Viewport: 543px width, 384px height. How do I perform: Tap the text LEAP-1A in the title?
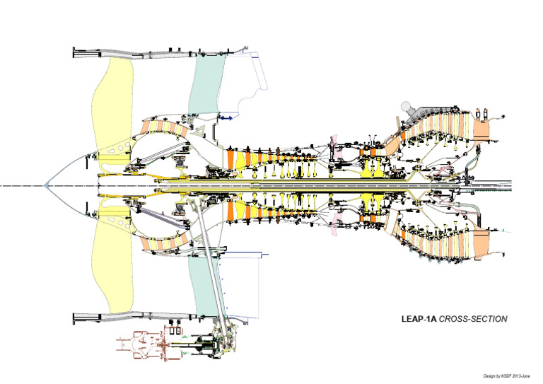[x=419, y=320]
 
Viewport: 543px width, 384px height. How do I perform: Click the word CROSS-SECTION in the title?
[x=473, y=320]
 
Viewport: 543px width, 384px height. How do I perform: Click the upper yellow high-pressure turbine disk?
[x=368, y=170]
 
